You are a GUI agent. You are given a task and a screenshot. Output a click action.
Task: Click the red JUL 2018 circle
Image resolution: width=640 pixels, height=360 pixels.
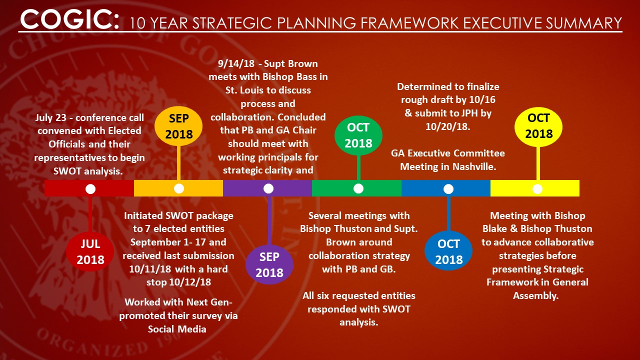click(x=90, y=251)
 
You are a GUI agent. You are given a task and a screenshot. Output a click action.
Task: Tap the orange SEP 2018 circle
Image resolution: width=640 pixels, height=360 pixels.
click(x=178, y=126)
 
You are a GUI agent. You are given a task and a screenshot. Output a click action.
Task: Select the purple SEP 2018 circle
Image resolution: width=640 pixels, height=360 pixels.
click(x=269, y=264)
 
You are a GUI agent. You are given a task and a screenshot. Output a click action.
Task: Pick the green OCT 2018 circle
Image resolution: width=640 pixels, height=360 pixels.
click(x=358, y=135)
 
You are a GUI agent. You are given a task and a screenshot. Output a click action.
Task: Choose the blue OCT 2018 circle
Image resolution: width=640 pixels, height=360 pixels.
click(x=448, y=251)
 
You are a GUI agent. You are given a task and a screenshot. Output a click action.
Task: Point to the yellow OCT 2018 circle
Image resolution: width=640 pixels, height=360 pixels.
click(x=538, y=126)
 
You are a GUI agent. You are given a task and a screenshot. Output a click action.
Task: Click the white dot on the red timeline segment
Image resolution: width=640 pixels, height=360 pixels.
click(x=90, y=189)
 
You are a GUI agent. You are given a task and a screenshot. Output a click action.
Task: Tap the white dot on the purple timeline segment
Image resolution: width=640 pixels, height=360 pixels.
click(x=268, y=188)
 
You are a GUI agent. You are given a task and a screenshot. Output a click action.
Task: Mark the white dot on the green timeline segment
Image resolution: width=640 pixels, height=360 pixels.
click(x=358, y=188)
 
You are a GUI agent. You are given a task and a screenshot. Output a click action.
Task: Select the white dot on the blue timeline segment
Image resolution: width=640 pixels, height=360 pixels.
click(x=448, y=189)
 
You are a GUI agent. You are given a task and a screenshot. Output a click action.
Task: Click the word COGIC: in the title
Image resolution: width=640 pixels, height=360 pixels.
click(x=69, y=19)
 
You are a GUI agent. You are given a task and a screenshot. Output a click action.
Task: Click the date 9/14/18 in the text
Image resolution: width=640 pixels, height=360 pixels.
click(x=236, y=63)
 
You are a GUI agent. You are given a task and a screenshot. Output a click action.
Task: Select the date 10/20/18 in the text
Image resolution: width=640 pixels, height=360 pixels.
click(x=447, y=126)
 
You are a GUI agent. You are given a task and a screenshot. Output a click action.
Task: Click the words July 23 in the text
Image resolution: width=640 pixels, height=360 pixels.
click(x=51, y=117)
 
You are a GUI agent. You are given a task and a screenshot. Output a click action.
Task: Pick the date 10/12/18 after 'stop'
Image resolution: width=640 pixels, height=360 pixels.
click(x=190, y=282)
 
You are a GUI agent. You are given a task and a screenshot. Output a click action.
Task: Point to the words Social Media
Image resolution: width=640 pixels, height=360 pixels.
click(x=177, y=329)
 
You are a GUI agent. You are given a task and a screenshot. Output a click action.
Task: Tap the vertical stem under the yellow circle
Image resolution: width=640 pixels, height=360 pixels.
click(x=538, y=163)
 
